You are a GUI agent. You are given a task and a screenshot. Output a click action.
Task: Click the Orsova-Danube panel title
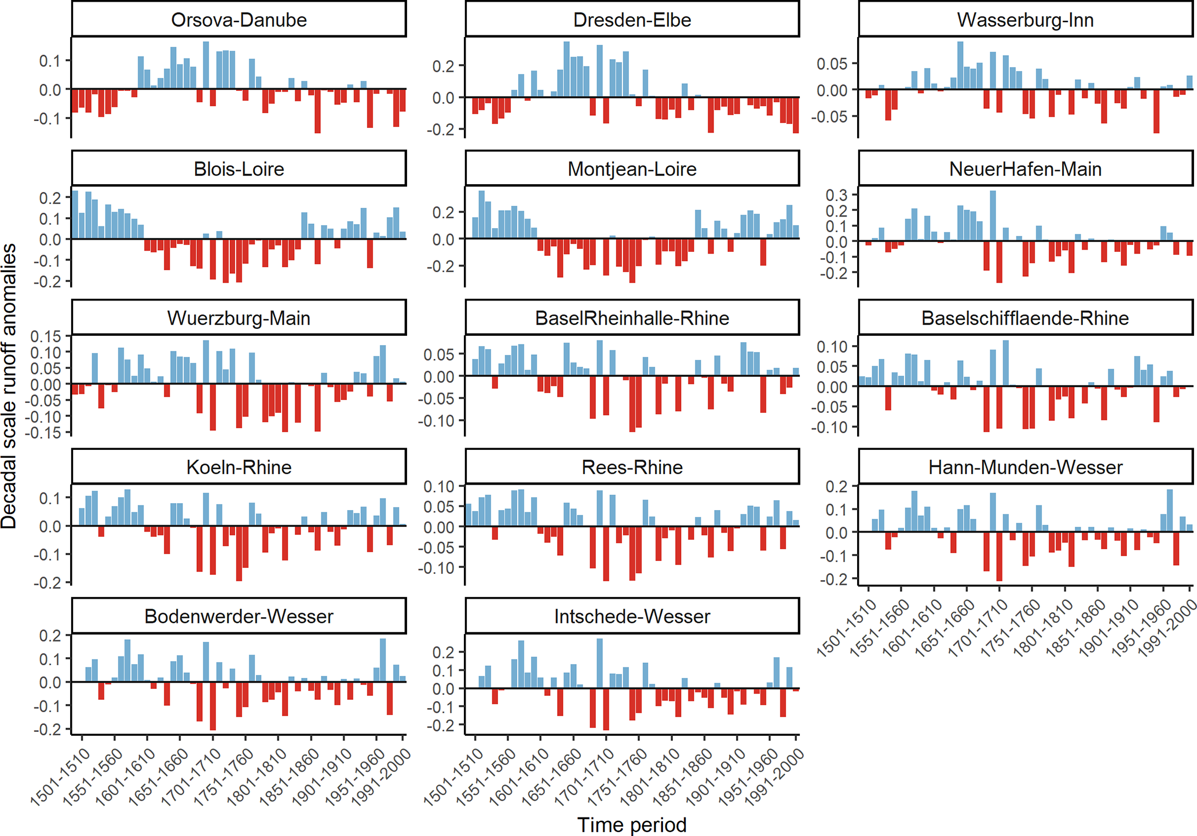(239, 20)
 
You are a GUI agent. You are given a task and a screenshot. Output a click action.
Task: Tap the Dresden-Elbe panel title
(632, 20)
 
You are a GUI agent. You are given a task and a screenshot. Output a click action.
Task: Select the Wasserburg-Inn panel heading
(1025, 20)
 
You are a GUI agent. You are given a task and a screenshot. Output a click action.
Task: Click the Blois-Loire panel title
(239, 169)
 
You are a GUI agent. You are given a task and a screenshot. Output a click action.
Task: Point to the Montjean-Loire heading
(632, 169)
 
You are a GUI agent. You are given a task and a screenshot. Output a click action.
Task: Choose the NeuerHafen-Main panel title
(1025, 169)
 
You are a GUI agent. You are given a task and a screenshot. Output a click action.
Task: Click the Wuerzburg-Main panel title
(239, 318)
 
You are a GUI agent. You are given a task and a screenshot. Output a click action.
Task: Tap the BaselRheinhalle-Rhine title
(632, 318)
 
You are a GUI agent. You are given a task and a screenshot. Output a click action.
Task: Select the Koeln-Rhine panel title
(239, 467)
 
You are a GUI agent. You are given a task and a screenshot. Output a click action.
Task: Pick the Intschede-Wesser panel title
(632, 616)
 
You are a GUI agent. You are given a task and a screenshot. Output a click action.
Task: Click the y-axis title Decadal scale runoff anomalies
(9, 386)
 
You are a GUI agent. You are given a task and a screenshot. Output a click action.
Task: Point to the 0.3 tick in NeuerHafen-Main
(836, 195)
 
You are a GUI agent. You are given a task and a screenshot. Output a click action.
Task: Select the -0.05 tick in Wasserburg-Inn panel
(832, 117)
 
